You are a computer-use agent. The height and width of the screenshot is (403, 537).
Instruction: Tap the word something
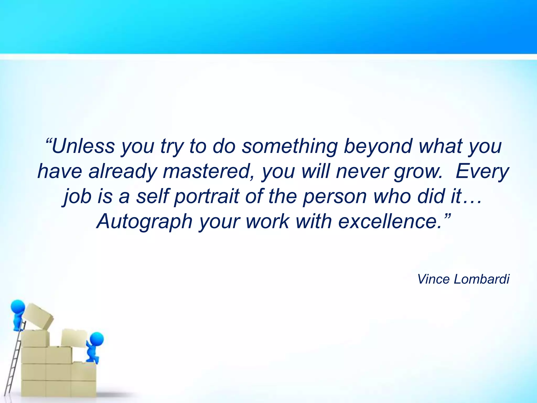pos(289,146)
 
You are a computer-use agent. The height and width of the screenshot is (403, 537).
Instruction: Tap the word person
pos(335,197)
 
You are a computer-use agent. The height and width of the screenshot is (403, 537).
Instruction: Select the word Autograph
pos(144,222)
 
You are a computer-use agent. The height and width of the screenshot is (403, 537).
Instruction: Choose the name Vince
pos(434,279)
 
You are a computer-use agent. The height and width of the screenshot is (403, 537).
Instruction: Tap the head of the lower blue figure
pos(96,340)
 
